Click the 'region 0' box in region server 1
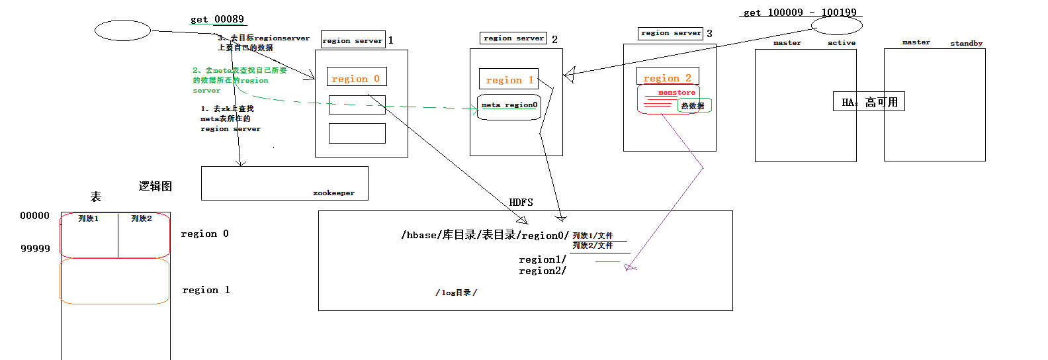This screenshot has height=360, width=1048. click(357, 77)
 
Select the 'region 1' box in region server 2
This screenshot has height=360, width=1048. click(508, 79)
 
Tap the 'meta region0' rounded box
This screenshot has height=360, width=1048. click(509, 106)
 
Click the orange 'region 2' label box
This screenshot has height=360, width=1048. click(667, 77)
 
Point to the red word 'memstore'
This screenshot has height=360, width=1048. click(676, 93)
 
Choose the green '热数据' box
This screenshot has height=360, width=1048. click(694, 106)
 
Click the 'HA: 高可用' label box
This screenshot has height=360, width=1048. click(868, 102)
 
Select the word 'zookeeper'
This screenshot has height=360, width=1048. click(333, 193)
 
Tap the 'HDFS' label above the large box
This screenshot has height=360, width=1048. click(521, 202)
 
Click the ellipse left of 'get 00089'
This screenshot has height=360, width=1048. click(123, 30)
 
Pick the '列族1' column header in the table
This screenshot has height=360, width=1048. click(88, 219)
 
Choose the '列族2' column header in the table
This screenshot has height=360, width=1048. click(142, 219)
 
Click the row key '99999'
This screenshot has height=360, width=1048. click(35, 249)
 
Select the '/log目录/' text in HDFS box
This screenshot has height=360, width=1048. click(456, 292)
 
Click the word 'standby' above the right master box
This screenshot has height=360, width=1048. click(966, 44)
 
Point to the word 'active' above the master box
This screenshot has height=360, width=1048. click(842, 43)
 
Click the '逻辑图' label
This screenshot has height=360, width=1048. click(155, 187)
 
